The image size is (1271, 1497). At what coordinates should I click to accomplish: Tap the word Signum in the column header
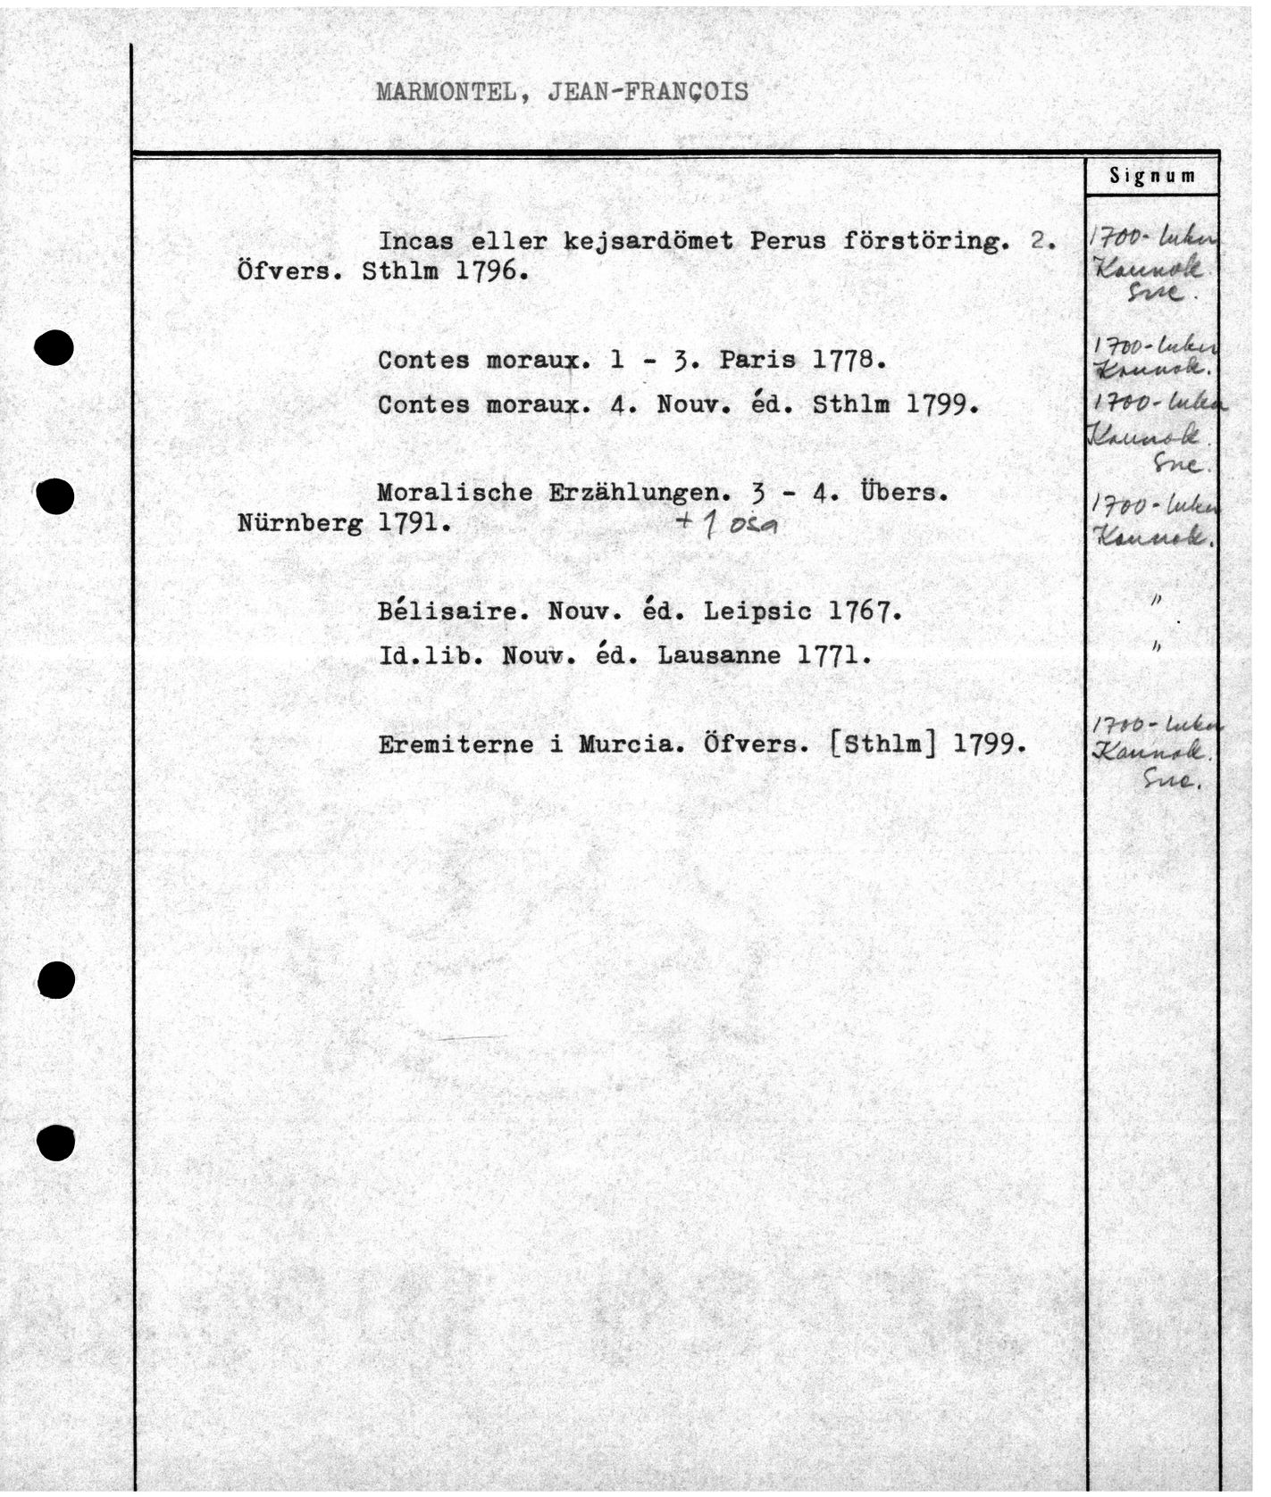[1152, 176]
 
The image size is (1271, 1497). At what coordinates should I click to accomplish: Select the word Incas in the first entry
[415, 241]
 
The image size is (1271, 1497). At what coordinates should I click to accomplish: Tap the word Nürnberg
[300, 523]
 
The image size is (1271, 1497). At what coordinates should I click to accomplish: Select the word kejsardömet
[648, 241]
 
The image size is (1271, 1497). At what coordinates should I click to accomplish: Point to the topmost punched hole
[54, 346]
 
